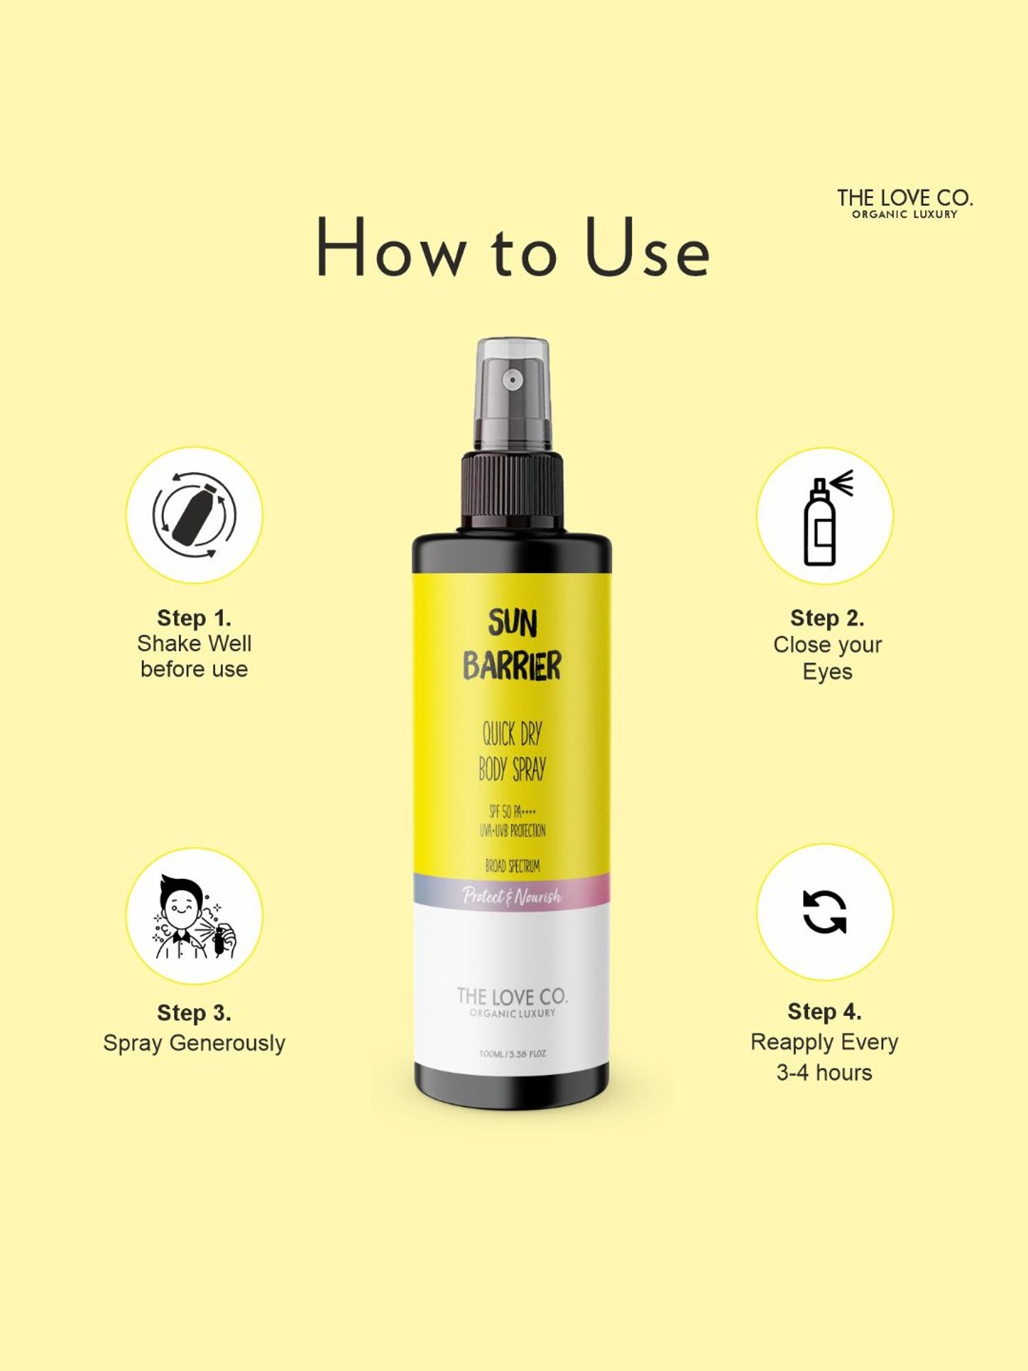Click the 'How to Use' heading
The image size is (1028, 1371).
[x=513, y=248]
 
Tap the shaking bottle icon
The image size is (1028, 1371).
[x=194, y=515]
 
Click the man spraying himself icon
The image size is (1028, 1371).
[x=194, y=917]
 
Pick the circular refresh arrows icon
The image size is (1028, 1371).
[x=824, y=912]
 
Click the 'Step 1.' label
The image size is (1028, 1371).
[x=194, y=618]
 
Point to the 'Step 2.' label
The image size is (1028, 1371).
[x=827, y=618]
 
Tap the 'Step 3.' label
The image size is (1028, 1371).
[x=194, y=1012]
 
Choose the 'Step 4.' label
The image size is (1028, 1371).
[x=824, y=1011]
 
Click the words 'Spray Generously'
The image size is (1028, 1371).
[x=194, y=1043]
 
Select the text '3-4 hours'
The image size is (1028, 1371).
[x=824, y=1072]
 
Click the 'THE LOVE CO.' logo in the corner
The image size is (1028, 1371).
[x=904, y=203]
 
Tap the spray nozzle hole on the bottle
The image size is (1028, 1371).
[x=512, y=379]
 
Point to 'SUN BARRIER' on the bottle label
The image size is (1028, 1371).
[x=512, y=645]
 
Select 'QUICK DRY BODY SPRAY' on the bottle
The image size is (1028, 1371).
[x=512, y=751]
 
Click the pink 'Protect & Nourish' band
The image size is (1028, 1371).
[x=512, y=895]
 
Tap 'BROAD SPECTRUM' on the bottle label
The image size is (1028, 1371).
[x=512, y=866]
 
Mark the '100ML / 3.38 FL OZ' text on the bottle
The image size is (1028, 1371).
[x=512, y=1054]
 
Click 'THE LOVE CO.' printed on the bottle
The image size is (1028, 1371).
[x=512, y=997]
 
